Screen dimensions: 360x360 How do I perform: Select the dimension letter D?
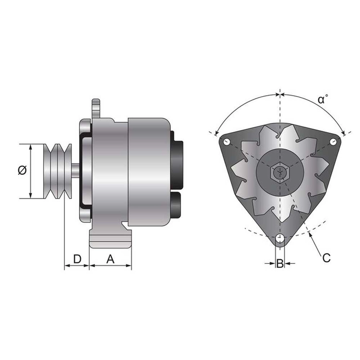coord(77,259)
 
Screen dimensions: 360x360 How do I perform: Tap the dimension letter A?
coord(110,259)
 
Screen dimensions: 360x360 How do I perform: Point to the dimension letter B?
coord(280,263)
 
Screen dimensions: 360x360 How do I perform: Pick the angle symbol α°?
coord(323,99)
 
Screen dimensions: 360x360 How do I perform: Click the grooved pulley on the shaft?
coord(58,171)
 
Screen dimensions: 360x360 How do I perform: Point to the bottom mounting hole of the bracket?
coord(279,238)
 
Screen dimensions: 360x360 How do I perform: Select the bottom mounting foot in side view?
coord(111,240)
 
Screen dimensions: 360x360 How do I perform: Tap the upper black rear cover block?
coord(177,159)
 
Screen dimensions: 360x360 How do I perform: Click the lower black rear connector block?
coord(176,204)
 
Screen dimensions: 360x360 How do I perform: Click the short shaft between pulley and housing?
coord(76,171)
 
